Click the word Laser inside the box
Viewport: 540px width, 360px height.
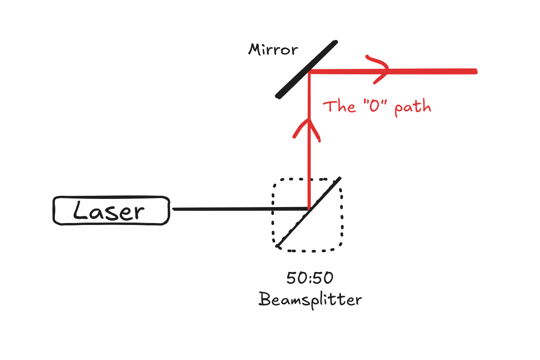[109, 211]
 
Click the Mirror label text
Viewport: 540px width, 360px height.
[273, 50]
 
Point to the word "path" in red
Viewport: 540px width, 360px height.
[413, 107]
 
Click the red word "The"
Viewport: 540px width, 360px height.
[339, 106]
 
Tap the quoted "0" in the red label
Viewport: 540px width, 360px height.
[375, 105]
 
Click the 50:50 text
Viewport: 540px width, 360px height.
[310, 278]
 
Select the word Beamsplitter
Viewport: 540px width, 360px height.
[310, 300]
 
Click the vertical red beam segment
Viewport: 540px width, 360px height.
[309, 163]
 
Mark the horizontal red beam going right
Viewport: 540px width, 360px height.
[428, 71]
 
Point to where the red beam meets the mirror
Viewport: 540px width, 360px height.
[309, 72]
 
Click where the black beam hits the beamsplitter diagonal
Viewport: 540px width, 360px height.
[309, 209]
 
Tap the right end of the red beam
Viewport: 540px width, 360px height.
[475, 71]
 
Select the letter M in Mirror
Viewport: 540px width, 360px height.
[255, 49]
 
